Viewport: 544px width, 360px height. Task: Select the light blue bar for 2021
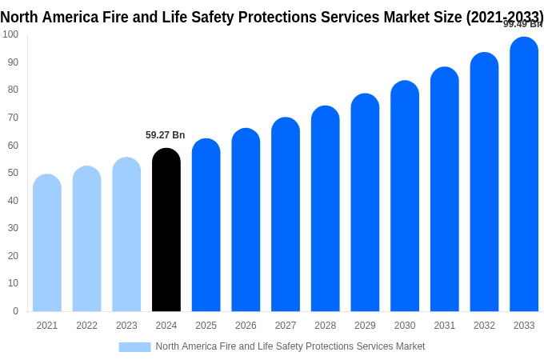[47, 243]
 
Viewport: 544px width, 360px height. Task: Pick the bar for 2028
[326, 209]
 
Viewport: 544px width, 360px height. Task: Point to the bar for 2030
[405, 196]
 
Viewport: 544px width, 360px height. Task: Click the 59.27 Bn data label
[166, 135]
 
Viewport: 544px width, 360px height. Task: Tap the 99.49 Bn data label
[522, 24]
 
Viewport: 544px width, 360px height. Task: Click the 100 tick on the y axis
[10, 34]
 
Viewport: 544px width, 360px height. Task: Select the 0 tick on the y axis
[15, 311]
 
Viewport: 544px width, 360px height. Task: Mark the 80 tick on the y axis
[13, 90]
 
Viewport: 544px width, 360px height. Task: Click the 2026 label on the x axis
[246, 326]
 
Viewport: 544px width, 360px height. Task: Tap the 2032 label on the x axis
[484, 326]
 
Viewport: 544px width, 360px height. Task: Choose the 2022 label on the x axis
[86, 326]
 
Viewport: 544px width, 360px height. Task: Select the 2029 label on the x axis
[365, 326]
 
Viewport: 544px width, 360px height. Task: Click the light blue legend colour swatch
[134, 346]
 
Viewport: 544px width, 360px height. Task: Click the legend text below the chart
[290, 346]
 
